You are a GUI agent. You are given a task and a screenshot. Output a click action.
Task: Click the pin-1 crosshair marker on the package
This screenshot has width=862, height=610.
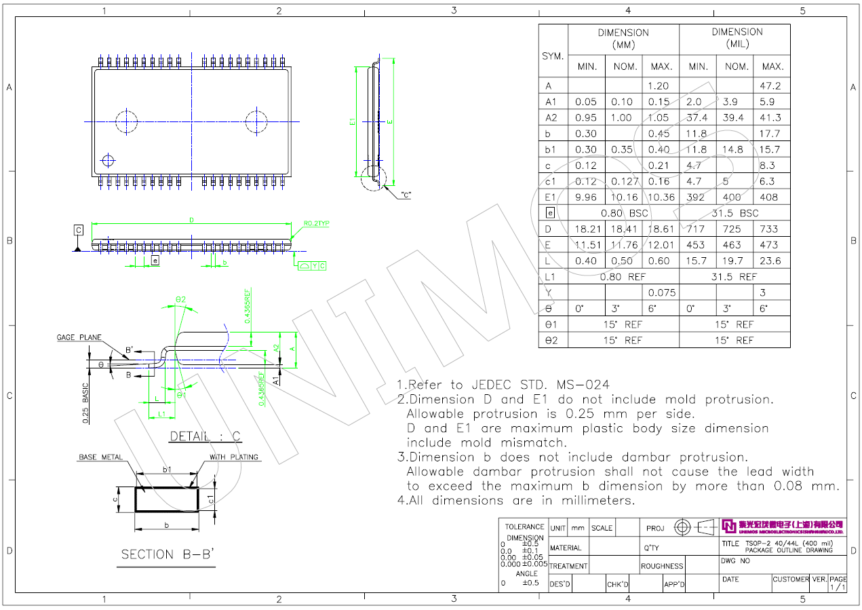(107, 160)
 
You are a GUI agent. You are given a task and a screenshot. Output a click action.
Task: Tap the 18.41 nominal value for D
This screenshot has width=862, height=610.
(624, 229)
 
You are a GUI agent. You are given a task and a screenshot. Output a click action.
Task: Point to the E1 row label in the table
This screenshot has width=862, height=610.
(551, 197)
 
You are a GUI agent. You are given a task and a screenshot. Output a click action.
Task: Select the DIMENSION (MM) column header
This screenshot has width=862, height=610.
(623, 39)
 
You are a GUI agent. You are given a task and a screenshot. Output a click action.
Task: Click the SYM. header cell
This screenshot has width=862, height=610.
(553, 56)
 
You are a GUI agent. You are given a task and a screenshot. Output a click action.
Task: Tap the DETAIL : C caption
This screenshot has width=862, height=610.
(205, 436)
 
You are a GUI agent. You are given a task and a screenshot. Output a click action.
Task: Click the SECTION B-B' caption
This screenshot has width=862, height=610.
(168, 554)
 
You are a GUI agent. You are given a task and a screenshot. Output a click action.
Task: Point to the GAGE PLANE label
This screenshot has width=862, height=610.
(79, 337)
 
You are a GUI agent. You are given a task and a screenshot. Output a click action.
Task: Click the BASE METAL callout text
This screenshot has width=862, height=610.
(100, 457)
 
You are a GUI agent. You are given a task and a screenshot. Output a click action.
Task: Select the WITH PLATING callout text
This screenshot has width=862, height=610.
(234, 457)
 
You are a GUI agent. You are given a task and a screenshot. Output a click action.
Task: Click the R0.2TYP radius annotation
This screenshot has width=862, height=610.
(316, 223)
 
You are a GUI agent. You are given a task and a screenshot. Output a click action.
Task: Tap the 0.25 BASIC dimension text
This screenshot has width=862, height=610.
(86, 403)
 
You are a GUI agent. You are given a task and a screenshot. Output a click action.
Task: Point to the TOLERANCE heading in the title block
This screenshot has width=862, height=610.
(524, 527)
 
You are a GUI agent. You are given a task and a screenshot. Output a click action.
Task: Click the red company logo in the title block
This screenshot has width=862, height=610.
(728, 526)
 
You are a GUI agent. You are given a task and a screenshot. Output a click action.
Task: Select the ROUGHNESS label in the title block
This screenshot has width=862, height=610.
(661, 566)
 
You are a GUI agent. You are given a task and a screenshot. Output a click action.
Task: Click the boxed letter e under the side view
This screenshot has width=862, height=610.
(155, 260)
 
